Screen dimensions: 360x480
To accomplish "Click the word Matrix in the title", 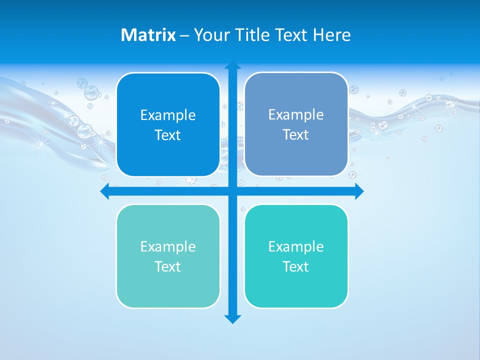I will [148, 35].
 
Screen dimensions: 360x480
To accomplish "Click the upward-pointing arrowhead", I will [232, 65].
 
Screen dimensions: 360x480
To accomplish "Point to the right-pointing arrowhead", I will [359, 191].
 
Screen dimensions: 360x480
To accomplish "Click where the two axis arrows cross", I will [232, 191].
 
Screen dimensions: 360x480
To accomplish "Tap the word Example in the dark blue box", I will [168, 115].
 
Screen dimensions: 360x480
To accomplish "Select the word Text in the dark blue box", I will [168, 135].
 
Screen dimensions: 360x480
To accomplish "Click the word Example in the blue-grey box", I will [296, 115].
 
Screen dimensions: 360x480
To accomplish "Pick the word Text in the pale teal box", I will [168, 267].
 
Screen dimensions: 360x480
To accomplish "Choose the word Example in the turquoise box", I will [296, 247].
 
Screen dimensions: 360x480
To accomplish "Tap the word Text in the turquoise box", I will [296, 267].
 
